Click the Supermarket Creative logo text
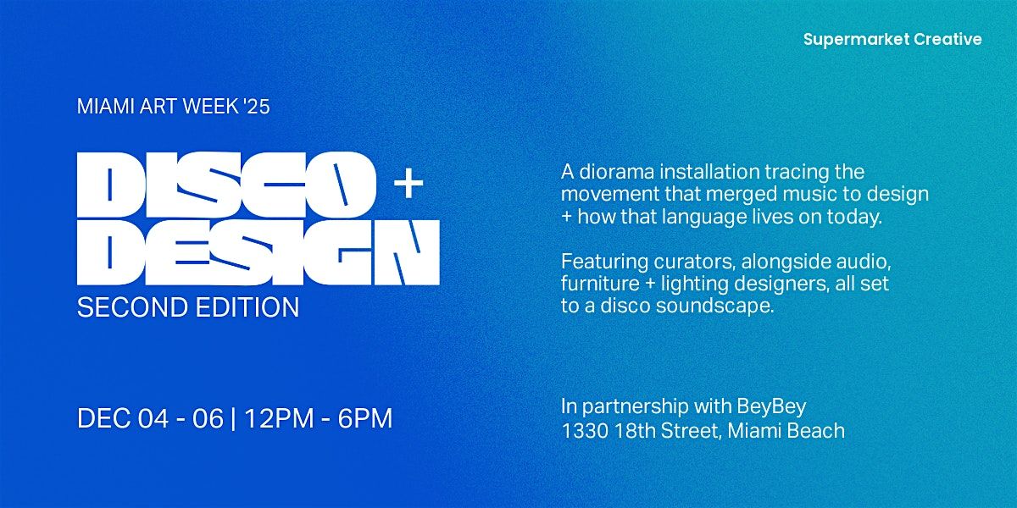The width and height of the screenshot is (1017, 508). (x=892, y=39)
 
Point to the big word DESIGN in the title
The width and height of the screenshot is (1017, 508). (x=258, y=252)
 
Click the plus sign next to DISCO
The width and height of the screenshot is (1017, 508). (x=408, y=184)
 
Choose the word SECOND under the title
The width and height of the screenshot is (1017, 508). (x=129, y=307)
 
